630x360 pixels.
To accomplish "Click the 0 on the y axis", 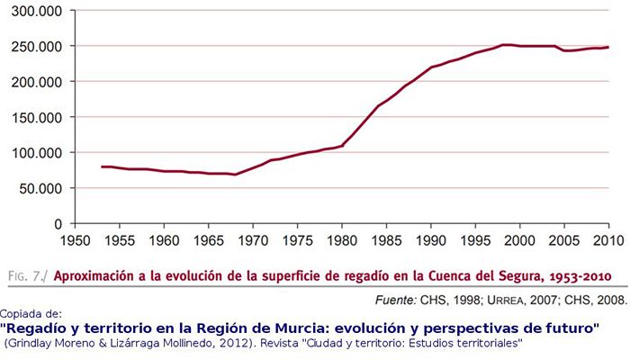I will click(x=57, y=223).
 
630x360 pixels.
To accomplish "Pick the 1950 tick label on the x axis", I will click(x=76, y=240).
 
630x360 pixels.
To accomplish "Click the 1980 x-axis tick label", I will click(x=342, y=240).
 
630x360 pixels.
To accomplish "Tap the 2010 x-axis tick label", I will click(x=608, y=240).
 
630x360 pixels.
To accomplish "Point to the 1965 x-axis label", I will click(x=209, y=240).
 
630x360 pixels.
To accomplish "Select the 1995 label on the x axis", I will click(x=475, y=240).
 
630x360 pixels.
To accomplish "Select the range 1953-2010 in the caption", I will click(x=572, y=275).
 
